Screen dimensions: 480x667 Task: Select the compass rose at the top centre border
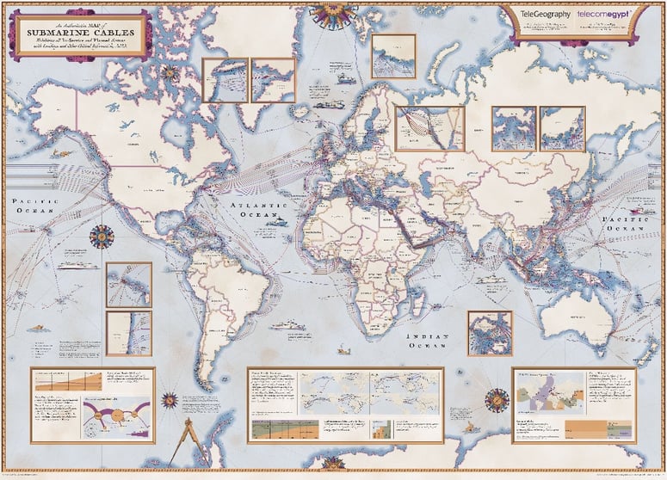(x=333, y=11)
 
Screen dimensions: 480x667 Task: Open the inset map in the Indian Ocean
(x=489, y=333)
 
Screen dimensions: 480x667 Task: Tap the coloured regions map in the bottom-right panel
(x=550, y=399)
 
